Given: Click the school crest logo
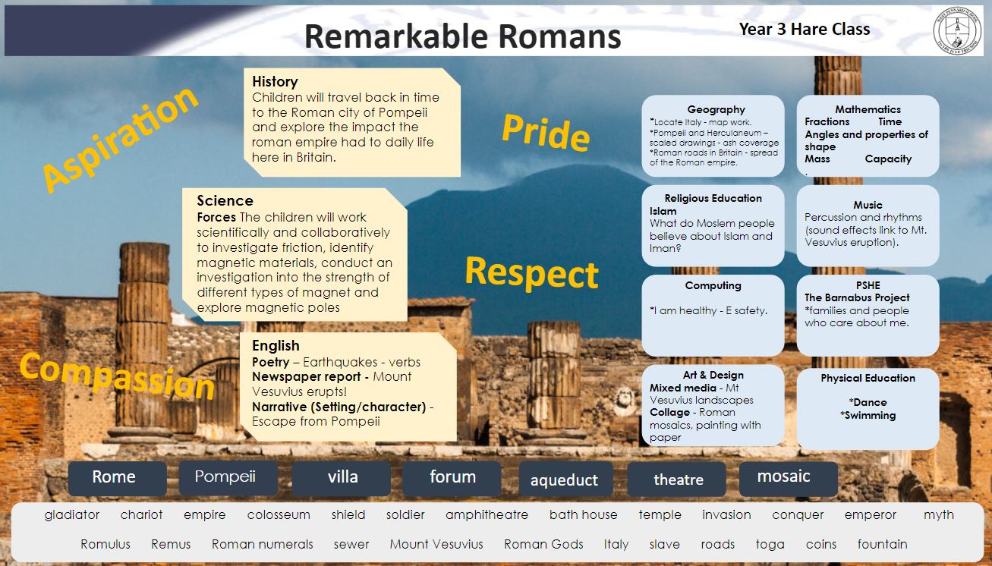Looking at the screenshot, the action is pos(957,30).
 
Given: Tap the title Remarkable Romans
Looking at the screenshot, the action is pos(462,36).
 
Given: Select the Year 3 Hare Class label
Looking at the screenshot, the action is pos(805,29).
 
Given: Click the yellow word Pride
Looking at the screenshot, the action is pos(546,132).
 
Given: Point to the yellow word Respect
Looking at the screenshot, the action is pos(532,272).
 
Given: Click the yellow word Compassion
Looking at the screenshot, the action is pos(117,376).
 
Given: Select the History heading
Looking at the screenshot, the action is pos(275,81).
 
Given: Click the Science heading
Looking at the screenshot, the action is pos(225,200).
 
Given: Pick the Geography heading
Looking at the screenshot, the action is pos(716,109).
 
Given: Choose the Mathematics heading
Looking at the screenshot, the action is pos(868,109).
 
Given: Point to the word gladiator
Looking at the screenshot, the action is pos(72,515).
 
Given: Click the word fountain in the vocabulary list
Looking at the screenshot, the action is pos(882,544).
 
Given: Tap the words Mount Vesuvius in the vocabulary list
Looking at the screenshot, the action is pos(436,544).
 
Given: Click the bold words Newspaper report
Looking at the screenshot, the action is pos(306,376).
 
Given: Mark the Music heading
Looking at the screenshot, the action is pos(868,205).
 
